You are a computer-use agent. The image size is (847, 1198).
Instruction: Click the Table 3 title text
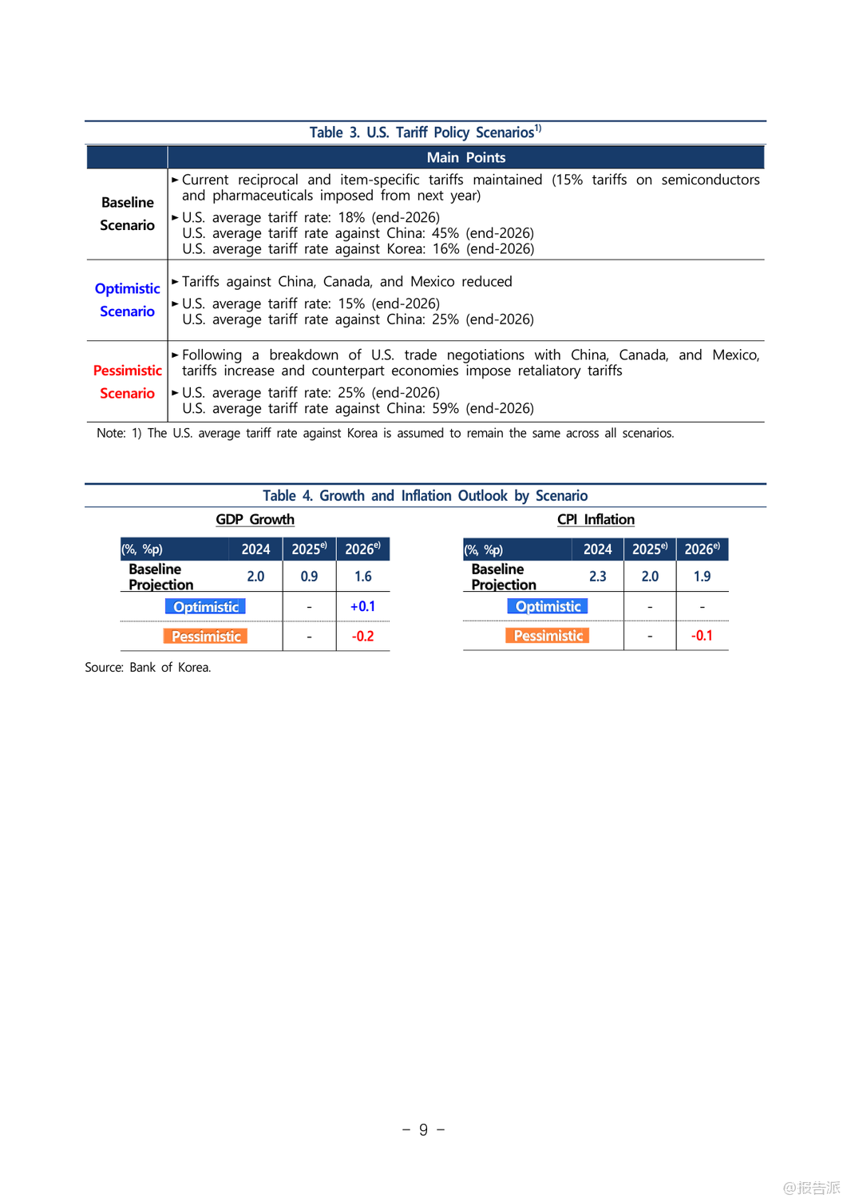[x=425, y=133]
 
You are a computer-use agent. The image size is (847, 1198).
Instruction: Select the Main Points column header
[x=465, y=157]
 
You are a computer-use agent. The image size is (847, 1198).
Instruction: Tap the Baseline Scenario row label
[x=127, y=214]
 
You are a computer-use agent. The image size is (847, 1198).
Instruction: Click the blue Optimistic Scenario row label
[x=127, y=299]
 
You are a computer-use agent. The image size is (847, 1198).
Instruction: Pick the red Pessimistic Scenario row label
[x=127, y=382]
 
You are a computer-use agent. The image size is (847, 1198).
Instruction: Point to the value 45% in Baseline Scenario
[x=445, y=233]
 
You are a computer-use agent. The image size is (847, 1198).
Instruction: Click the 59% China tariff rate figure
[x=445, y=409]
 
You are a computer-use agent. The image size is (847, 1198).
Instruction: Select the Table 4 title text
[x=425, y=496]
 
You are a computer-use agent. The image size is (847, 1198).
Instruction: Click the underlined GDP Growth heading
[x=255, y=520]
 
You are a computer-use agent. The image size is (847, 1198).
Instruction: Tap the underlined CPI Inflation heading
[x=596, y=520]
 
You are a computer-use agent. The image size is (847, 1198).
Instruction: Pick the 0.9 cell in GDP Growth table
[x=309, y=577]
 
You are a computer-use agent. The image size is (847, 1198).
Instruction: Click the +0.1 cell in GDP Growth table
[x=362, y=607]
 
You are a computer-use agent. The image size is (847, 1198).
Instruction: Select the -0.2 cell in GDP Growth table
[x=362, y=637]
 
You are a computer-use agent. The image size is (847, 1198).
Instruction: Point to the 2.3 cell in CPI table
[x=597, y=577]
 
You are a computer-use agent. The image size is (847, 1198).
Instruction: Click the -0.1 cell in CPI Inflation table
[x=702, y=636]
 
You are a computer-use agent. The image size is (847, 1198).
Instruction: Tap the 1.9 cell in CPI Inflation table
[x=702, y=577]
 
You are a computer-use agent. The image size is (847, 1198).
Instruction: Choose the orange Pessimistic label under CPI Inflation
[x=548, y=636]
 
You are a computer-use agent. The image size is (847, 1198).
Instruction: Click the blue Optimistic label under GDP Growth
[x=205, y=607]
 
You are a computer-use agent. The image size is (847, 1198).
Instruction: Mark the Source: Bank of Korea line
[x=148, y=668]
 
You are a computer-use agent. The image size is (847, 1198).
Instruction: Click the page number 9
[x=423, y=1130]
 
